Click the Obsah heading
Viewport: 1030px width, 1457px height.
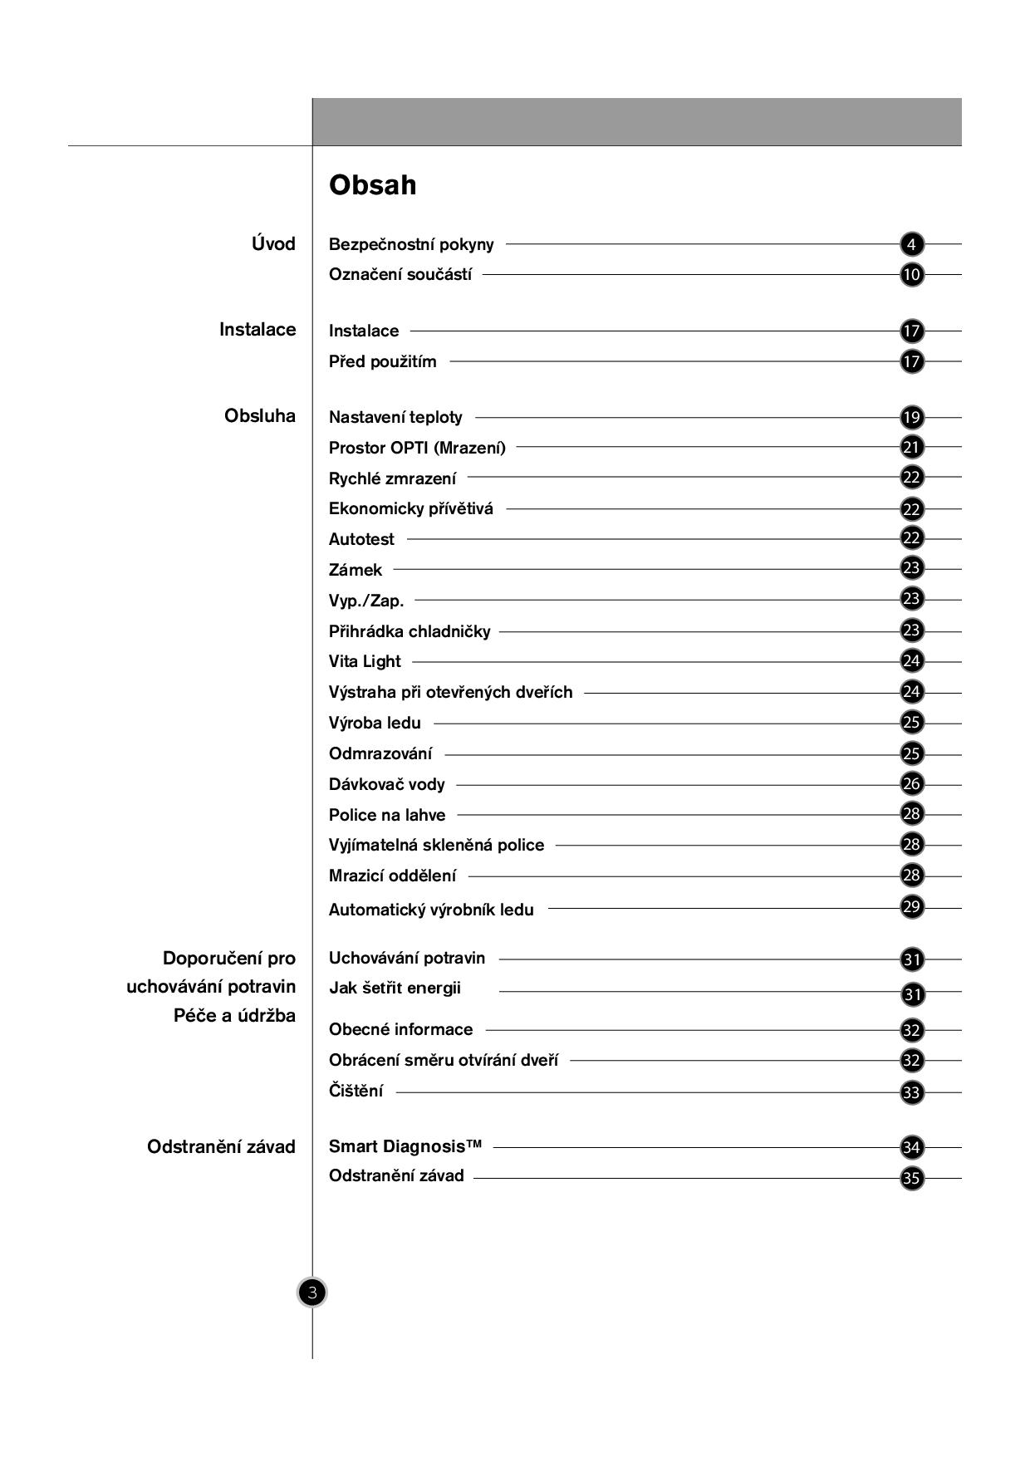pyautogui.click(x=372, y=184)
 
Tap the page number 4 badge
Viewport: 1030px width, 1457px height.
pyautogui.click(x=911, y=244)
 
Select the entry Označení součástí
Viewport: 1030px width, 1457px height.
pyautogui.click(x=400, y=275)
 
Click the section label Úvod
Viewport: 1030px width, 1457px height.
pyautogui.click(x=273, y=244)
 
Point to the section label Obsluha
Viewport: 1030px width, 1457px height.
pyautogui.click(x=259, y=416)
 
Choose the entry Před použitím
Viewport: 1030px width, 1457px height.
pyautogui.click(x=382, y=361)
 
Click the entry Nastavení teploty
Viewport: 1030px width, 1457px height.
pyautogui.click(x=395, y=417)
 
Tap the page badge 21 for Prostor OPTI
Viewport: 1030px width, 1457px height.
pyautogui.click(x=911, y=447)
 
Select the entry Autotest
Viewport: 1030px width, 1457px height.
pyautogui.click(x=361, y=539)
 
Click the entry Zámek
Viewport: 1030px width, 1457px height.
pyautogui.click(x=356, y=570)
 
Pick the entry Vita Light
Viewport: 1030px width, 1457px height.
pyautogui.click(x=365, y=661)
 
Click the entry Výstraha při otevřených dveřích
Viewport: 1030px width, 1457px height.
pyautogui.click(x=450, y=692)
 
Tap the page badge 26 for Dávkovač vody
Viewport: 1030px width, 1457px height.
pyautogui.click(x=911, y=783)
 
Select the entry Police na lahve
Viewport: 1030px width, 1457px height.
pyautogui.click(x=387, y=815)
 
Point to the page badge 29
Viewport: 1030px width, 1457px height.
pyautogui.click(x=911, y=906)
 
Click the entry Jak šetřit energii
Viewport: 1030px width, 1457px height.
pyautogui.click(x=395, y=988)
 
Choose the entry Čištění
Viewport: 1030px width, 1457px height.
pyautogui.click(x=356, y=1091)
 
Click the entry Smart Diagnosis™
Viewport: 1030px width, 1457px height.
pyautogui.click(x=405, y=1146)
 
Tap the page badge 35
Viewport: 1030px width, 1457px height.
pyautogui.click(x=911, y=1178)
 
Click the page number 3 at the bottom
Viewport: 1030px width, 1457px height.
pyautogui.click(x=312, y=1293)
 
